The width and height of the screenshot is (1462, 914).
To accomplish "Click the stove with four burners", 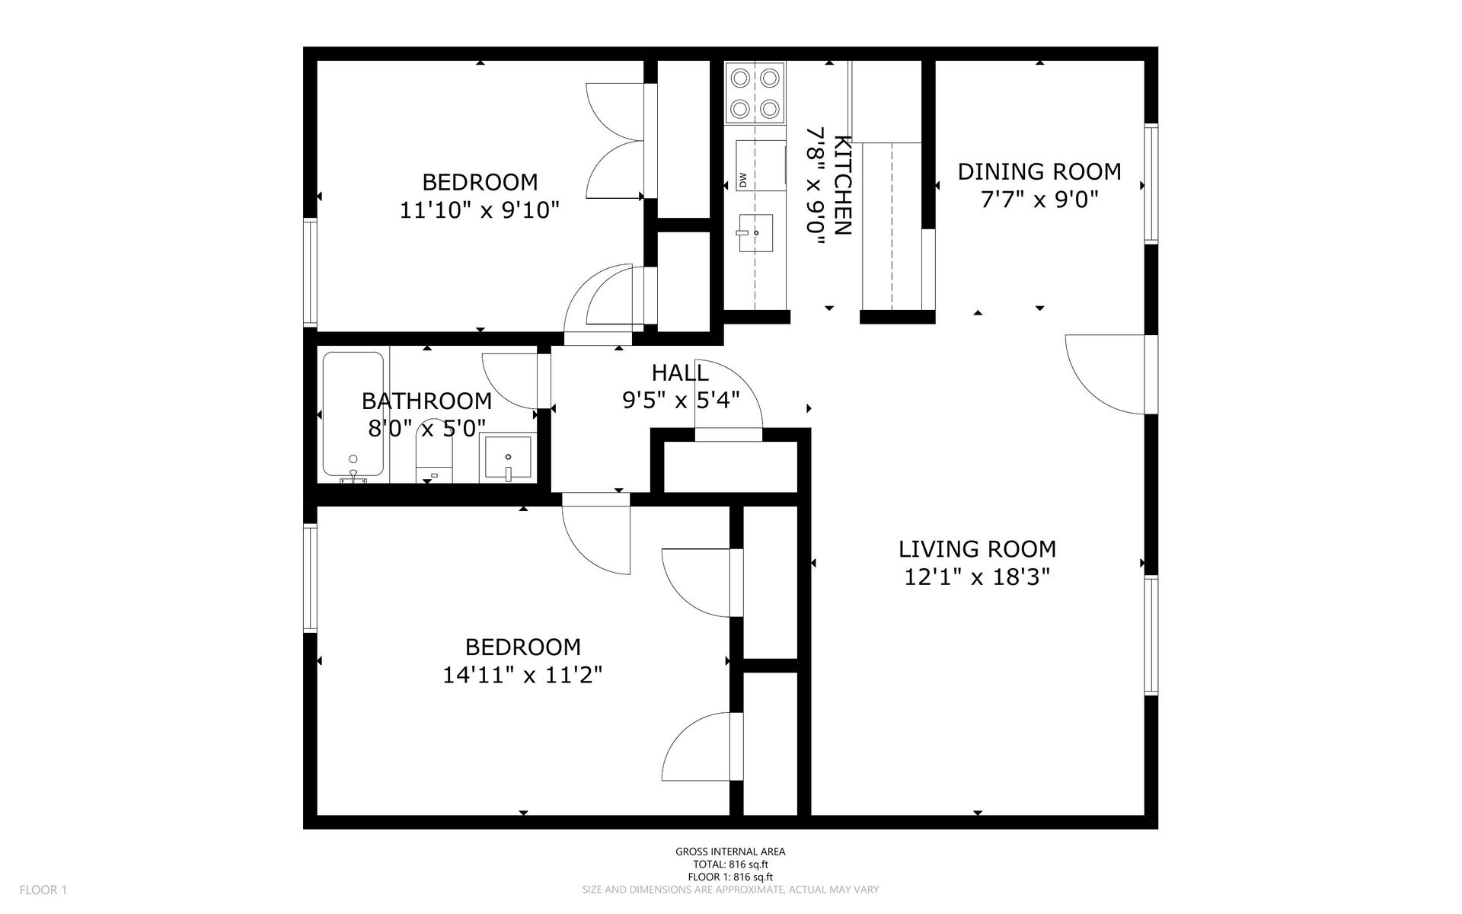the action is pos(755,94).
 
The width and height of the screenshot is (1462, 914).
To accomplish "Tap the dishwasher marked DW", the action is pos(760,165).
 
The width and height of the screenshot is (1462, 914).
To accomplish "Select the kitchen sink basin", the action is pos(755,232).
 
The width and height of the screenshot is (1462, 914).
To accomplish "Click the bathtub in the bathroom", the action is pos(353,416).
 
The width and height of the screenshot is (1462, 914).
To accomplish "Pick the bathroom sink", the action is pos(508,458).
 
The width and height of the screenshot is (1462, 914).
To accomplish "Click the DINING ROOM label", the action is pos(1039,171).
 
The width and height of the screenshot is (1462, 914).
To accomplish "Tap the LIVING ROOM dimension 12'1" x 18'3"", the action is pos(977,577).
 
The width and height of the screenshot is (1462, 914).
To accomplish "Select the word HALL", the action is pos(680,372).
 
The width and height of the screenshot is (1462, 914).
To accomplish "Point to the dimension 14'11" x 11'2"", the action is pos(522,675).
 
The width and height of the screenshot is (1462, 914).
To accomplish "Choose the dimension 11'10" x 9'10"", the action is pos(480,209).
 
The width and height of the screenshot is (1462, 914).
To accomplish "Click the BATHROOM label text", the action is pos(426,401).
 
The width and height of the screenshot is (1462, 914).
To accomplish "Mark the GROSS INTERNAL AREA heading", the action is pos(730,852).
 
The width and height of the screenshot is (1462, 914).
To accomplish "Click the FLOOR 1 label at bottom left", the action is pos(43,890).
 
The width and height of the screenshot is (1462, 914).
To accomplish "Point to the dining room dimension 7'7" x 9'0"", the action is pos(1039,200).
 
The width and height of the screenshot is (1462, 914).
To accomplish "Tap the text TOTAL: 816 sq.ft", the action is pos(730,864).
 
